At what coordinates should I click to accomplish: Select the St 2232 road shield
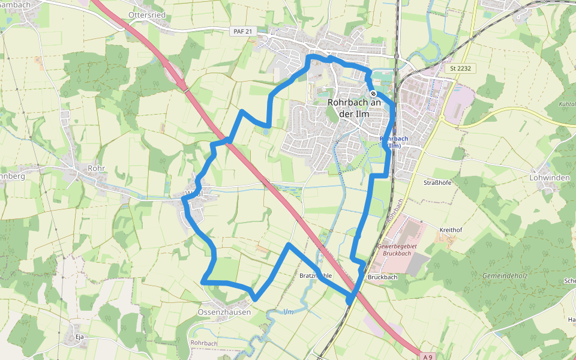(x=460, y=69)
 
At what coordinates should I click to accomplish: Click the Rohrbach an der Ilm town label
(x=355, y=108)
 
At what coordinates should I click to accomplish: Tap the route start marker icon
(x=373, y=94)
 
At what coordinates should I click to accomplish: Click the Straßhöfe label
(x=437, y=182)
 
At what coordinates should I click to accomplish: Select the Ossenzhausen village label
(x=224, y=312)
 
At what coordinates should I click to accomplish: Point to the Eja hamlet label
(x=79, y=337)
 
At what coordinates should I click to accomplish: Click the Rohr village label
(x=96, y=169)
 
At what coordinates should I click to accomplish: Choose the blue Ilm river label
(x=289, y=311)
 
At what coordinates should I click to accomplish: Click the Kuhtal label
(x=566, y=104)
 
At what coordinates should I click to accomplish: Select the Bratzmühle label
(x=316, y=276)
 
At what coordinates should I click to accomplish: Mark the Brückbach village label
(x=382, y=277)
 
